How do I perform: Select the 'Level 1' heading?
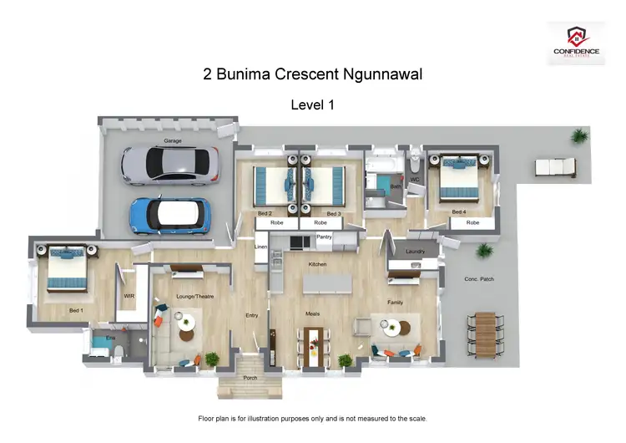312,104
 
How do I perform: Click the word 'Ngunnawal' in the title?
380,74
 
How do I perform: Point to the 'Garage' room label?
173,142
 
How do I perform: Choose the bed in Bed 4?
457,180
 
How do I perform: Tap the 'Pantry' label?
325,237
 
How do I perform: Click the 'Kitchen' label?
316,264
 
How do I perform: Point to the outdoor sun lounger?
554,167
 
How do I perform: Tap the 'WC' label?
413,180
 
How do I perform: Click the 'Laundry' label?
415,252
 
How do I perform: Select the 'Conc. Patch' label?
479,278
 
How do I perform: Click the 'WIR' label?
129,296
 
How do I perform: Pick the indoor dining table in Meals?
316,344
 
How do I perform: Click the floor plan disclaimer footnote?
312,417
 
